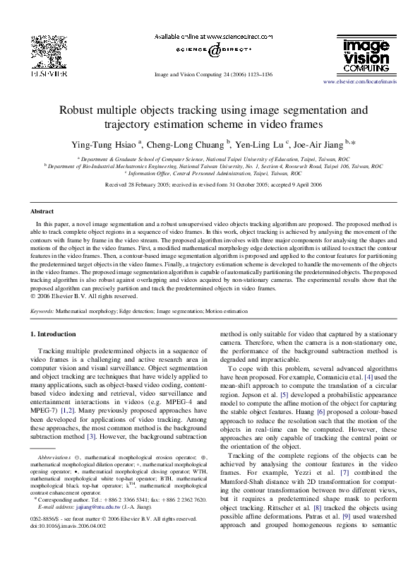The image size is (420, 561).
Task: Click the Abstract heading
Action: [43, 211]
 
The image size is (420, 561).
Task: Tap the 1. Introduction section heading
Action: [61, 333]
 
